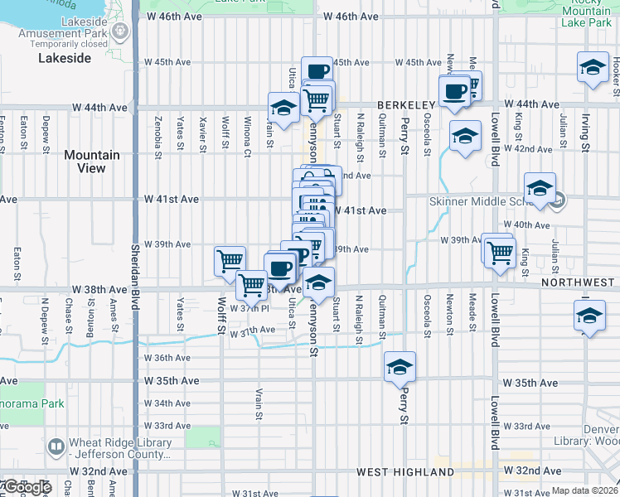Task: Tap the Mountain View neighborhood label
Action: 91,162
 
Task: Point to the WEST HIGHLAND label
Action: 405,472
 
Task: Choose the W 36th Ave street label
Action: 167,358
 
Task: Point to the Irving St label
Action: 584,133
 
